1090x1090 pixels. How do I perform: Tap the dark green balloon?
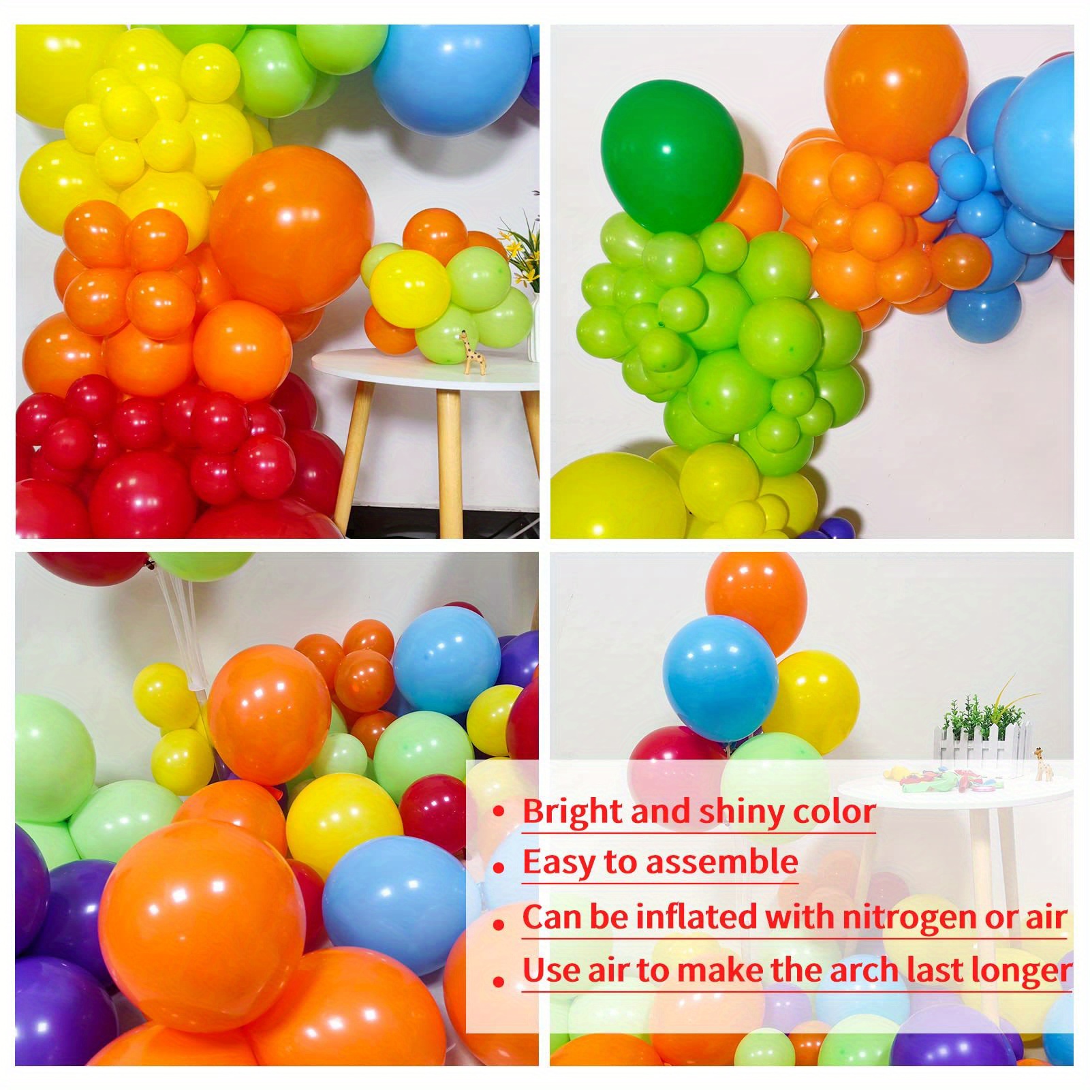click(x=671, y=160)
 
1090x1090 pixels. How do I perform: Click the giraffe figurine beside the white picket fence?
click(x=1040, y=764)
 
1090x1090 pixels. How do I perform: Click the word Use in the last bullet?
click(x=548, y=969)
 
